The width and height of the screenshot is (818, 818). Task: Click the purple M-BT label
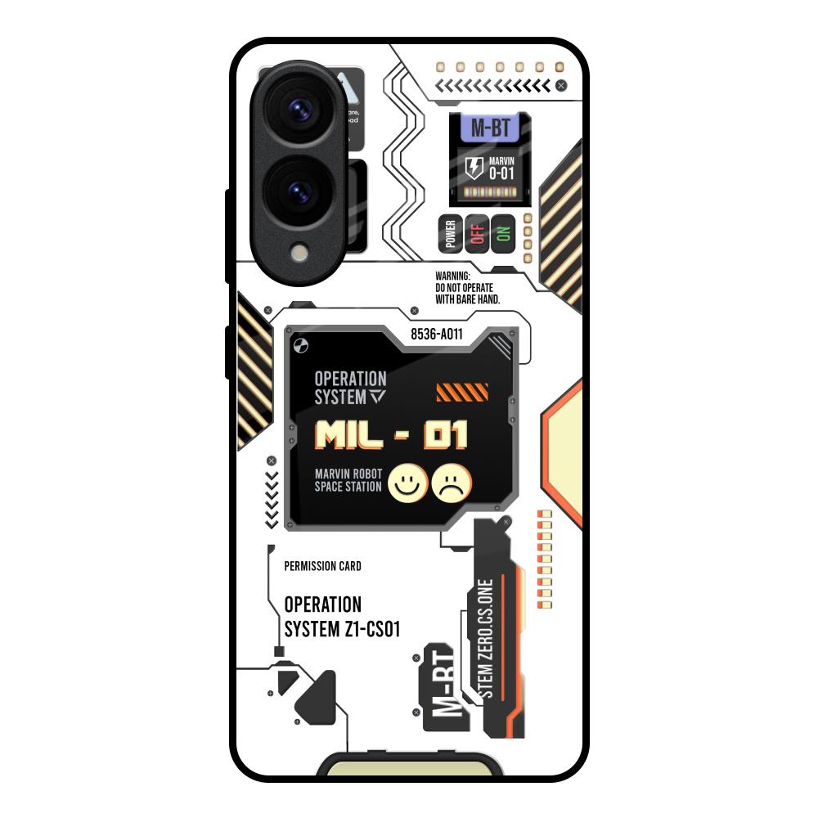[x=490, y=129]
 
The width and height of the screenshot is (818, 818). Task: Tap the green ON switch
[x=502, y=235]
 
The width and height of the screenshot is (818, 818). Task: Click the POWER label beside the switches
[x=450, y=235]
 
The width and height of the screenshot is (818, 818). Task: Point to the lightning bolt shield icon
[x=474, y=169]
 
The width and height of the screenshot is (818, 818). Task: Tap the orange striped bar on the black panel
[x=462, y=393]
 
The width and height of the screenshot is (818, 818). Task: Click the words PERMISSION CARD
[x=322, y=566]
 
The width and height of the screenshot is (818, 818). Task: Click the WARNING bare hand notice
[x=467, y=289]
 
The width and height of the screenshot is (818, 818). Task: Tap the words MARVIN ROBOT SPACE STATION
[x=348, y=480]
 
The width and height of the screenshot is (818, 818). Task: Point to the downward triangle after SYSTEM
[x=376, y=398]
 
